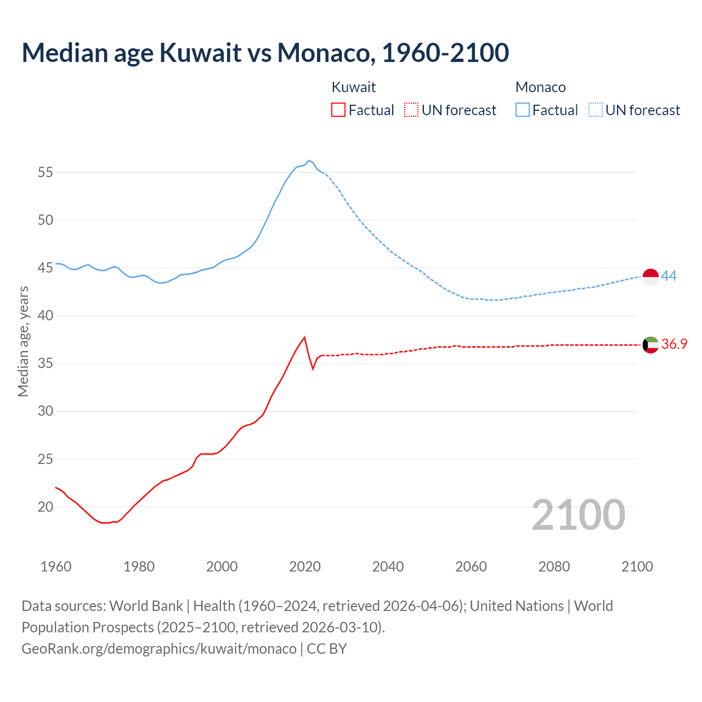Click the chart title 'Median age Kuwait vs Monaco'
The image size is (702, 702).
[x=265, y=53]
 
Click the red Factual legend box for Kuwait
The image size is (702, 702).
[x=338, y=110]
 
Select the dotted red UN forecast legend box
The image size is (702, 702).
[x=411, y=110]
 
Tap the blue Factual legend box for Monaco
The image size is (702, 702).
[x=523, y=110]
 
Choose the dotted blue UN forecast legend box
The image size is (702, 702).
[x=596, y=110]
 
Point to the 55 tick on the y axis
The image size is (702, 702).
[x=46, y=172]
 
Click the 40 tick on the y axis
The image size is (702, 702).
[x=46, y=315]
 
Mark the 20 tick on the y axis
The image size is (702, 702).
[x=46, y=507]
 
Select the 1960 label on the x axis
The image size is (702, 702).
[x=56, y=567]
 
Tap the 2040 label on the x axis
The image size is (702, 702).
[x=388, y=567]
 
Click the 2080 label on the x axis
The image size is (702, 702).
[x=554, y=567]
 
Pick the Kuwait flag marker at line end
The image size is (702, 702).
[x=650, y=345]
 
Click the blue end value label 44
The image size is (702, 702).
[x=669, y=276]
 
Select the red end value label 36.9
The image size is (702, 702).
[x=674, y=344]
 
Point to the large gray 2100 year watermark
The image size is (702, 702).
[x=578, y=514]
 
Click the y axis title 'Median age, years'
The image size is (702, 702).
[x=23, y=341]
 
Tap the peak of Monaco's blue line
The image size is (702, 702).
[x=309, y=160]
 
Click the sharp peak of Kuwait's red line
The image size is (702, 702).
[x=304, y=337]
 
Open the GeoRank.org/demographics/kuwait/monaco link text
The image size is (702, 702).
[x=159, y=648]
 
